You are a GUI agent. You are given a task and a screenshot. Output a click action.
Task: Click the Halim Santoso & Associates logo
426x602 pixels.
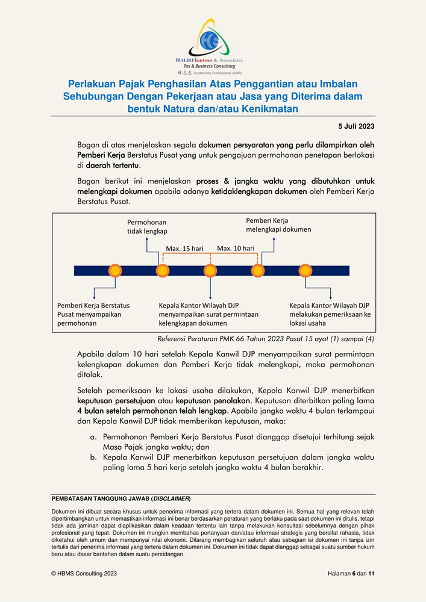coord(212,46)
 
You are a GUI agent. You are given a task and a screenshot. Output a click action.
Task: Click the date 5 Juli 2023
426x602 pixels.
coord(356,126)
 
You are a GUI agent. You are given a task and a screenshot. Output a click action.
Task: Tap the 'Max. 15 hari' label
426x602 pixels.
coord(184,248)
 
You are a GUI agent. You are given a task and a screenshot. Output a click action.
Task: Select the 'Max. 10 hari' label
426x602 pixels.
coord(236,248)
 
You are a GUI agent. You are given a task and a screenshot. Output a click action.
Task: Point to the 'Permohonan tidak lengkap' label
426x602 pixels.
coord(146,226)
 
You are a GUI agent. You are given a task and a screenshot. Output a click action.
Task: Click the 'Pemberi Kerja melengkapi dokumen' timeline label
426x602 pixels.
coord(278,225)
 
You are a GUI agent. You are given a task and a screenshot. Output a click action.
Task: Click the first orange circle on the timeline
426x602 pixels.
coord(115,270)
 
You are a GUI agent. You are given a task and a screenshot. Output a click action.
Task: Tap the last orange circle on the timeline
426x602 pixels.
coord(305,270)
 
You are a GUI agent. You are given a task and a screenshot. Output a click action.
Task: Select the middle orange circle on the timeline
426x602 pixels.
coord(210,270)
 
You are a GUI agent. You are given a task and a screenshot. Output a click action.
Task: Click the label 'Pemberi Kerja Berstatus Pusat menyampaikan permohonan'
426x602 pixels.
coord(93,314)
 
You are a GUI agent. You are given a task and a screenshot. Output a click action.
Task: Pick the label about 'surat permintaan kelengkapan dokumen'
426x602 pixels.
coord(208,314)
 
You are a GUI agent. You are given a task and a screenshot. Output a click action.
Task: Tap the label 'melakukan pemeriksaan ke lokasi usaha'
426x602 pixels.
coord(330,314)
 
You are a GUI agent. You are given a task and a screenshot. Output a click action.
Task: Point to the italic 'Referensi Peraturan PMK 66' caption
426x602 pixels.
coord(265,338)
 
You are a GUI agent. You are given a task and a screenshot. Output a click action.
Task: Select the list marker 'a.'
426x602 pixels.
coord(93,435)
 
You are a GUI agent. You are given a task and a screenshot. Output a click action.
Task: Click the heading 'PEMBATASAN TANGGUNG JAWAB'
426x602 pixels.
coord(121,499)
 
